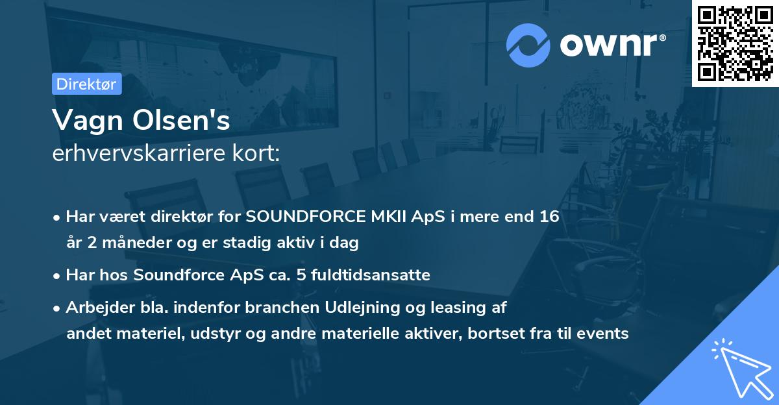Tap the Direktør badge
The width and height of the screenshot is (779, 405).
pos(86,84)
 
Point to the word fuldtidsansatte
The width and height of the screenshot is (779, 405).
pos(375,275)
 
